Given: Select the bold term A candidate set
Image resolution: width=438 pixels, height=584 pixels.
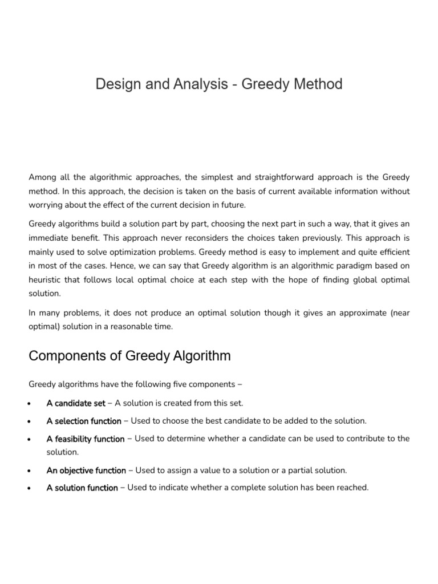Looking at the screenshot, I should tap(76, 403).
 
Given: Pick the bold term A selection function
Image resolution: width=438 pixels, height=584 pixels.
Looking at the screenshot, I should tap(84, 421).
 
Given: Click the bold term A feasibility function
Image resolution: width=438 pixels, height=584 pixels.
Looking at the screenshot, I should tap(86, 439).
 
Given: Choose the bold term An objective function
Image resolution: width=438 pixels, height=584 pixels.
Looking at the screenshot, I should tap(86, 471).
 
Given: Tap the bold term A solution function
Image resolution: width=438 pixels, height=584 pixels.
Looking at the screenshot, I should tap(82, 488).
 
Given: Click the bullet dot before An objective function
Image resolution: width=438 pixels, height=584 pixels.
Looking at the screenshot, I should tap(29, 471).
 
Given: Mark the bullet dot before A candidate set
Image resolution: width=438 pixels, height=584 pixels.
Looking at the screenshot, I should tap(29, 404).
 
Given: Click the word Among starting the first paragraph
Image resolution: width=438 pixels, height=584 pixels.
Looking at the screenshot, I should tap(42, 178).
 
